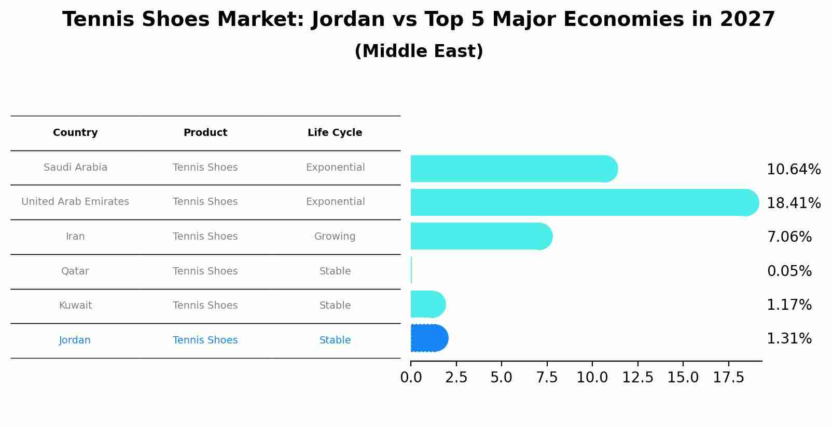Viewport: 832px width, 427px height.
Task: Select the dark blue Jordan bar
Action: (x=429, y=338)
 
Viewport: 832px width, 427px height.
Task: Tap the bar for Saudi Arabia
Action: (x=514, y=169)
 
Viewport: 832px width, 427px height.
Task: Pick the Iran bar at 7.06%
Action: (x=481, y=236)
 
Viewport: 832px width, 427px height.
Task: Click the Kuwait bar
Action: (x=427, y=304)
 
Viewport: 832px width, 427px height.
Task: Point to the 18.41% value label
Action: (x=793, y=203)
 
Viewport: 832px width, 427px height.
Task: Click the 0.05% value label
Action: (x=789, y=271)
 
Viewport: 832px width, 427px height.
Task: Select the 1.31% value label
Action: (x=789, y=339)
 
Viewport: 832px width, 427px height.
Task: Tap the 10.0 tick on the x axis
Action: (x=592, y=377)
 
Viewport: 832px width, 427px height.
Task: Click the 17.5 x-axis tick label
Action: (x=728, y=377)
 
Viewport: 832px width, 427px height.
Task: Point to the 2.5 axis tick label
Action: (x=456, y=377)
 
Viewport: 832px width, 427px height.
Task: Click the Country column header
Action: (x=75, y=133)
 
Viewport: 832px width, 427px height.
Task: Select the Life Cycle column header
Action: (x=335, y=133)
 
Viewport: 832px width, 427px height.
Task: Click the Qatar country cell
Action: (x=75, y=271)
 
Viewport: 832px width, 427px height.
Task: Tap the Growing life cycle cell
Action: (x=335, y=237)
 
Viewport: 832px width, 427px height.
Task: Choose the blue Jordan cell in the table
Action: (x=75, y=340)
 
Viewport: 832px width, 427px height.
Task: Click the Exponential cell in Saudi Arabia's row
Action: (x=335, y=168)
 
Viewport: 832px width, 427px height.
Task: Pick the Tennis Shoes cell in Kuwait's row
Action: (x=205, y=306)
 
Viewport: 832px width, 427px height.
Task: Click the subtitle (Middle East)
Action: (x=419, y=51)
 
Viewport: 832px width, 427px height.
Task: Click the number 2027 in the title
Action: (x=747, y=20)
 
